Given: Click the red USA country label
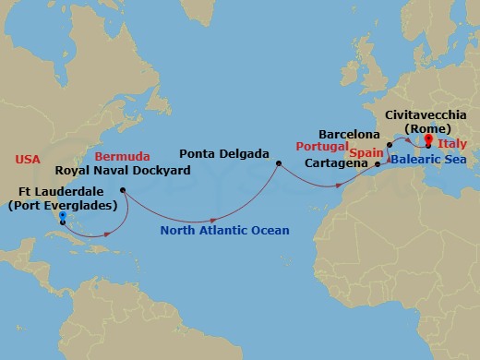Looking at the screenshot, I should pyautogui.click(x=28, y=160).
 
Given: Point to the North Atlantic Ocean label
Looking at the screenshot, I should pyautogui.click(x=225, y=231).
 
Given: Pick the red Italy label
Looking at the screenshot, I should pyautogui.click(x=452, y=147).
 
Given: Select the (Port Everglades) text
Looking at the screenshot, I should pyautogui.click(x=62, y=205).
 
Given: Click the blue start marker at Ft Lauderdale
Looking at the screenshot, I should pyautogui.click(x=62, y=218).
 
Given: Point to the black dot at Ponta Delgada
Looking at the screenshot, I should pyautogui.click(x=278, y=164).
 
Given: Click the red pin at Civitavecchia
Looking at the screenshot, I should pyautogui.click(x=427, y=141).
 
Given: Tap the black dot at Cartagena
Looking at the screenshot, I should pyautogui.click(x=379, y=165).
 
